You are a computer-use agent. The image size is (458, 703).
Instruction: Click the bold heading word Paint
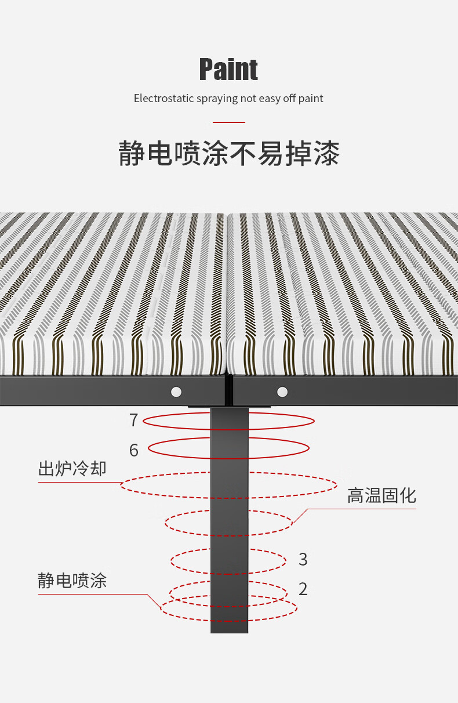(x=228, y=70)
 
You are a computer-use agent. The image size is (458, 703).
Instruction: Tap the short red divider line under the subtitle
(x=228, y=122)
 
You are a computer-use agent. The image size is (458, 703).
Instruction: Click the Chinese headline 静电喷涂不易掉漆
(x=228, y=153)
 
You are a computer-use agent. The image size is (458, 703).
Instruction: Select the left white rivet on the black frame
(x=176, y=392)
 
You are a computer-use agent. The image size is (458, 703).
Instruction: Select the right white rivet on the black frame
(x=282, y=392)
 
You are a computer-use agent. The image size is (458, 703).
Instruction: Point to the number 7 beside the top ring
(x=134, y=420)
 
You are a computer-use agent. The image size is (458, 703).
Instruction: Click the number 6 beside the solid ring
(x=134, y=450)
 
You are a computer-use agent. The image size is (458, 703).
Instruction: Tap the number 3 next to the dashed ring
(x=303, y=559)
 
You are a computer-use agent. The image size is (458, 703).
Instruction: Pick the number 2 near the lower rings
(x=303, y=589)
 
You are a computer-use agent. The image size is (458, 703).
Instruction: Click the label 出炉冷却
(x=72, y=469)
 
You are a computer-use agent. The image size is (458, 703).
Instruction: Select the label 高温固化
(x=381, y=495)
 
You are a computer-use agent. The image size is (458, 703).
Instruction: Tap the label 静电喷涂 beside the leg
(x=72, y=580)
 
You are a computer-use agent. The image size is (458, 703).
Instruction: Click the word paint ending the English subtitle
(x=311, y=99)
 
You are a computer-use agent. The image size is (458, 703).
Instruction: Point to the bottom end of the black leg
(x=230, y=632)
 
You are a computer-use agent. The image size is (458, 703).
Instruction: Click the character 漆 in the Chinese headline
(x=326, y=153)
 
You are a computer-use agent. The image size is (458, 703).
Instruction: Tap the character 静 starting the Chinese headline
(x=132, y=153)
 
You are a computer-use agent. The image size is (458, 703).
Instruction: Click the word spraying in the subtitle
(x=217, y=99)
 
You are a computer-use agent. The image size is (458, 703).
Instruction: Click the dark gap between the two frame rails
(x=229, y=390)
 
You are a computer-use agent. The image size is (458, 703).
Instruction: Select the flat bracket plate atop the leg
(x=229, y=407)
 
